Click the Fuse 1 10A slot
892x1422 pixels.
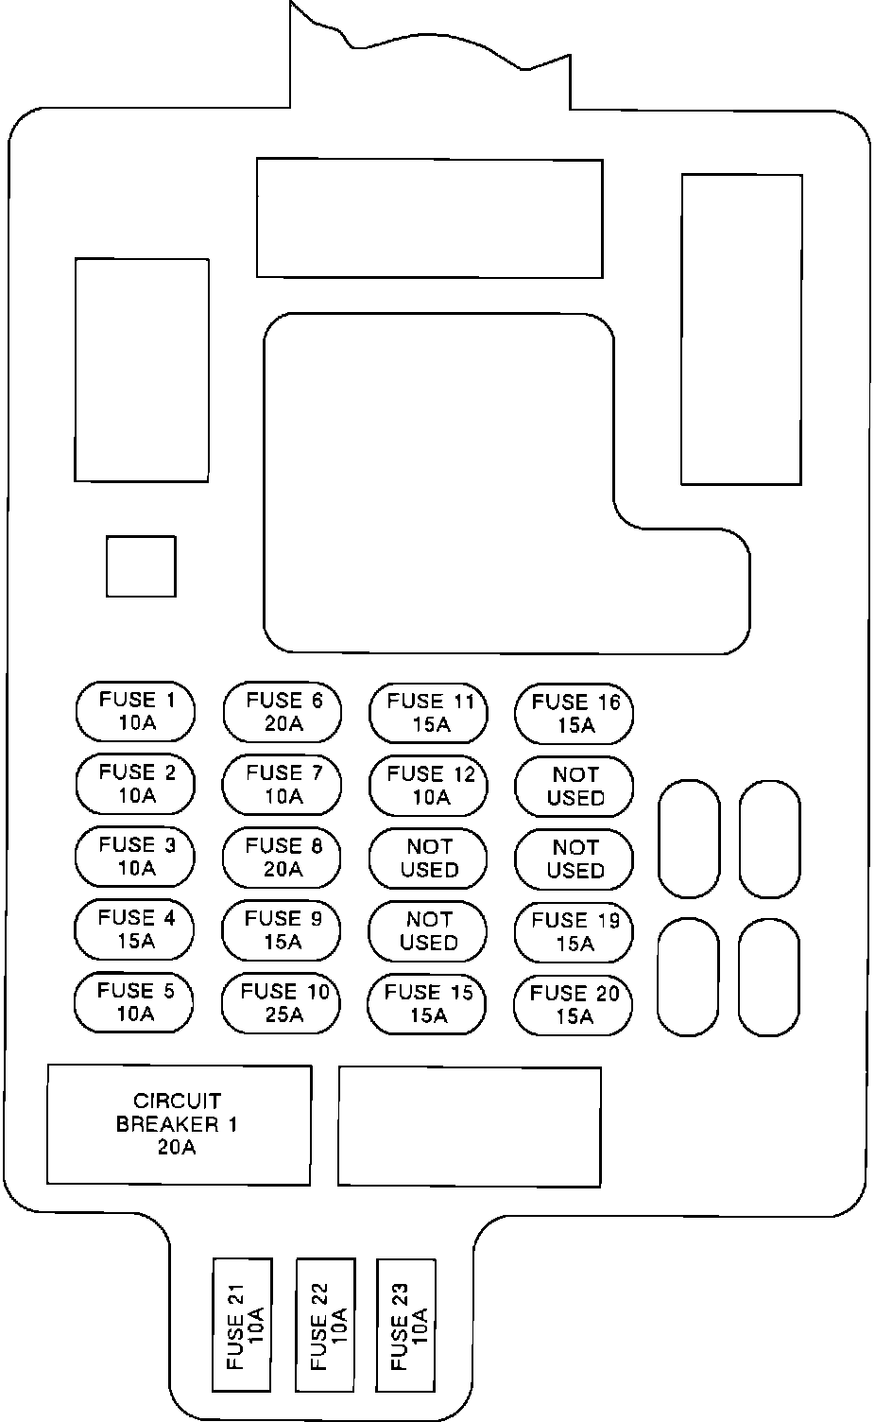(x=136, y=711)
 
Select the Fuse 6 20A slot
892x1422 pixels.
(x=283, y=711)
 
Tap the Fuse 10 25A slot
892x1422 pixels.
(x=283, y=1002)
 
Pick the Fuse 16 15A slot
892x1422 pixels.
(x=575, y=713)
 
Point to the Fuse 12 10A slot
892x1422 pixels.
(x=429, y=785)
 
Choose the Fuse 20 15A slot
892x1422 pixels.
(x=574, y=1004)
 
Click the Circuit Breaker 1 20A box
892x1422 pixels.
(x=179, y=1124)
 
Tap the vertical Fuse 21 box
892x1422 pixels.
(x=243, y=1324)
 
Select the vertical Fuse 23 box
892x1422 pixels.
(x=406, y=1324)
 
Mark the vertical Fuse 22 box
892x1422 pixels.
(x=326, y=1324)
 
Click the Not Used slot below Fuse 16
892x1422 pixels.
(x=575, y=786)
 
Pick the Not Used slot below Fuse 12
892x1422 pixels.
(x=429, y=858)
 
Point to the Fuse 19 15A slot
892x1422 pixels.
(x=574, y=931)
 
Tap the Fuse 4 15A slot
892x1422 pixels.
(x=135, y=929)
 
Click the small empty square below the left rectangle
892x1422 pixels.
(x=141, y=566)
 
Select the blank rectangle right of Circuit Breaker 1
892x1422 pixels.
(x=470, y=1125)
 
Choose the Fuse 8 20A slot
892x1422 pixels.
(x=283, y=857)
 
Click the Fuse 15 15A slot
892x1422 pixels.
(x=428, y=1003)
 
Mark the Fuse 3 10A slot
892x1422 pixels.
(x=136, y=856)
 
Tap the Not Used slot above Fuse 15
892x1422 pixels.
(x=428, y=930)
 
